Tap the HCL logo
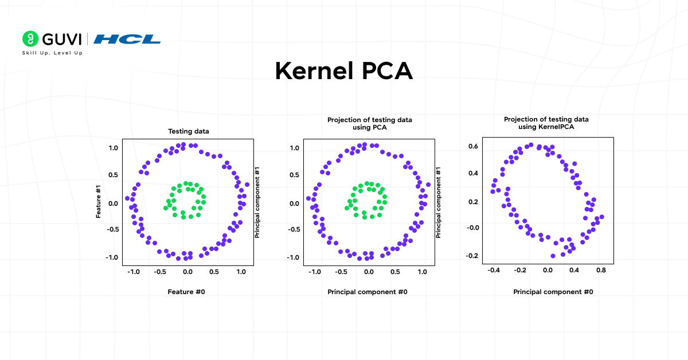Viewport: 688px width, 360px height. [x=127, y=39]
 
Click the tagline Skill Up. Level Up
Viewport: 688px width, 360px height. [x=52, y=53]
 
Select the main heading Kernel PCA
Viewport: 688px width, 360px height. [x=343, y=71]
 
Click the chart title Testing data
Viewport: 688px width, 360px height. [x=188, y=131]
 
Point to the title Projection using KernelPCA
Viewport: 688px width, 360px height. [x=546, y=123]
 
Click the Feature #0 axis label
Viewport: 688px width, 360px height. [x=186, y=292]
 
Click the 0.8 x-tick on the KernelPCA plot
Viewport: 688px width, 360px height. [x=600, y=269]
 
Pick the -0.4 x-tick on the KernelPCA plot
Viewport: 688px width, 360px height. [x=494, y=269]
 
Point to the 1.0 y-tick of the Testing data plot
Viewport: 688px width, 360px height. [x=113, y=148]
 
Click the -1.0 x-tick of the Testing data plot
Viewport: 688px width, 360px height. [x=133, y=272]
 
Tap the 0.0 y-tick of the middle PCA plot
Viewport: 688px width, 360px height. [x=294, y=203]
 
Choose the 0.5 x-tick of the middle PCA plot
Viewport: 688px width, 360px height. [x=396, y=272]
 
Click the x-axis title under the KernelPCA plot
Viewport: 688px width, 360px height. [x=553, y=292]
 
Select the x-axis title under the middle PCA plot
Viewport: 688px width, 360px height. [x=368, y=292]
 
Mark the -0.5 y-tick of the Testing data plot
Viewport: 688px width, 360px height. [x=111, y=230]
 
